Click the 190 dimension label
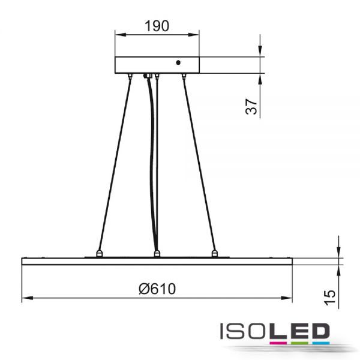point(157,26)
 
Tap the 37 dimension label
point(251,107)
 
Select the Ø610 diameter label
point(157,289)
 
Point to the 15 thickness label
point(330,298)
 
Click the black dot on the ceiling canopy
point(178,62)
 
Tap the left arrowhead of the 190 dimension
point(121,35)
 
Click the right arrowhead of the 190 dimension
point(193,35)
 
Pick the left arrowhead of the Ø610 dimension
point(28,298)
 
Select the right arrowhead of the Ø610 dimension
point(287,298)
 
